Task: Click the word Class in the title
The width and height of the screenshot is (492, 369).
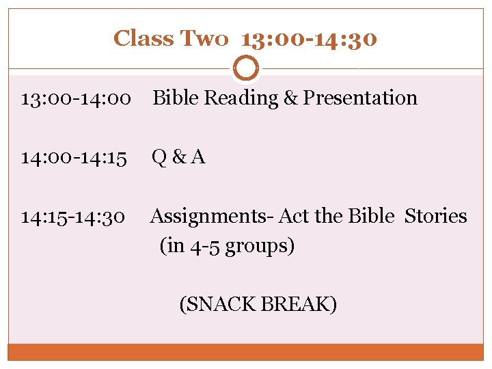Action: (x=143, y=38)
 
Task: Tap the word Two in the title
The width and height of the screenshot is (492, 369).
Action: (x=204, y=38)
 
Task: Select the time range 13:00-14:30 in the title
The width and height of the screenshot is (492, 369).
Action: (x=309, y=38)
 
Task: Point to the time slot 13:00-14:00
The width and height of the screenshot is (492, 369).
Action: (x=76, y=98)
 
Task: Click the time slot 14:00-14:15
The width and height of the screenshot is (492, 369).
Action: (x=74, y=158)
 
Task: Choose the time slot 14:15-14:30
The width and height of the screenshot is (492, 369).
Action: (x=73, y=217)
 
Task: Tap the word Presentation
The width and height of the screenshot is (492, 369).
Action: (x=360, y=98)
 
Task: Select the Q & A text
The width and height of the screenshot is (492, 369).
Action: (x=178, y=158)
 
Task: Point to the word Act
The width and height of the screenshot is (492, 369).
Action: (x=291, y=217)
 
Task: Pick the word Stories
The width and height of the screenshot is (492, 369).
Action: (x=436, y=217)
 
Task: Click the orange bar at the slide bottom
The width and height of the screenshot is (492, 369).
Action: (x=246, y=352)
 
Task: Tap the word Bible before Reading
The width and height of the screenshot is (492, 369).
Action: (x=176, y=98)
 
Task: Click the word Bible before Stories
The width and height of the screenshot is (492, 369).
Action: (x=371, y=217)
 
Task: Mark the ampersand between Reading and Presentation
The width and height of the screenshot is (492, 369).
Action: (x=290, y=98)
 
